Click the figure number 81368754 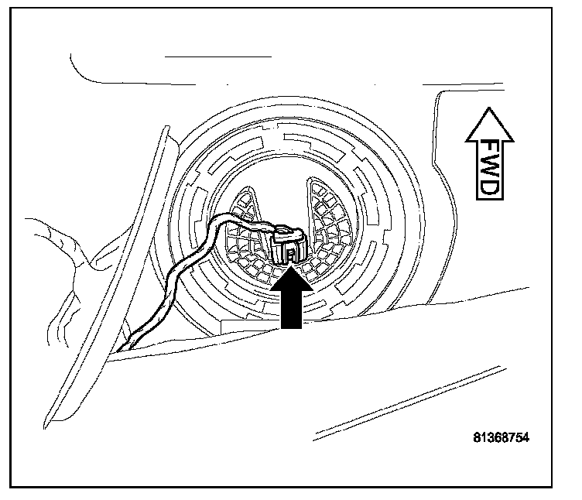click(x=501, y=437)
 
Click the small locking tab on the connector click(x=288, y=252)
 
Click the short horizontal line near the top click(x=219, y=57)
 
